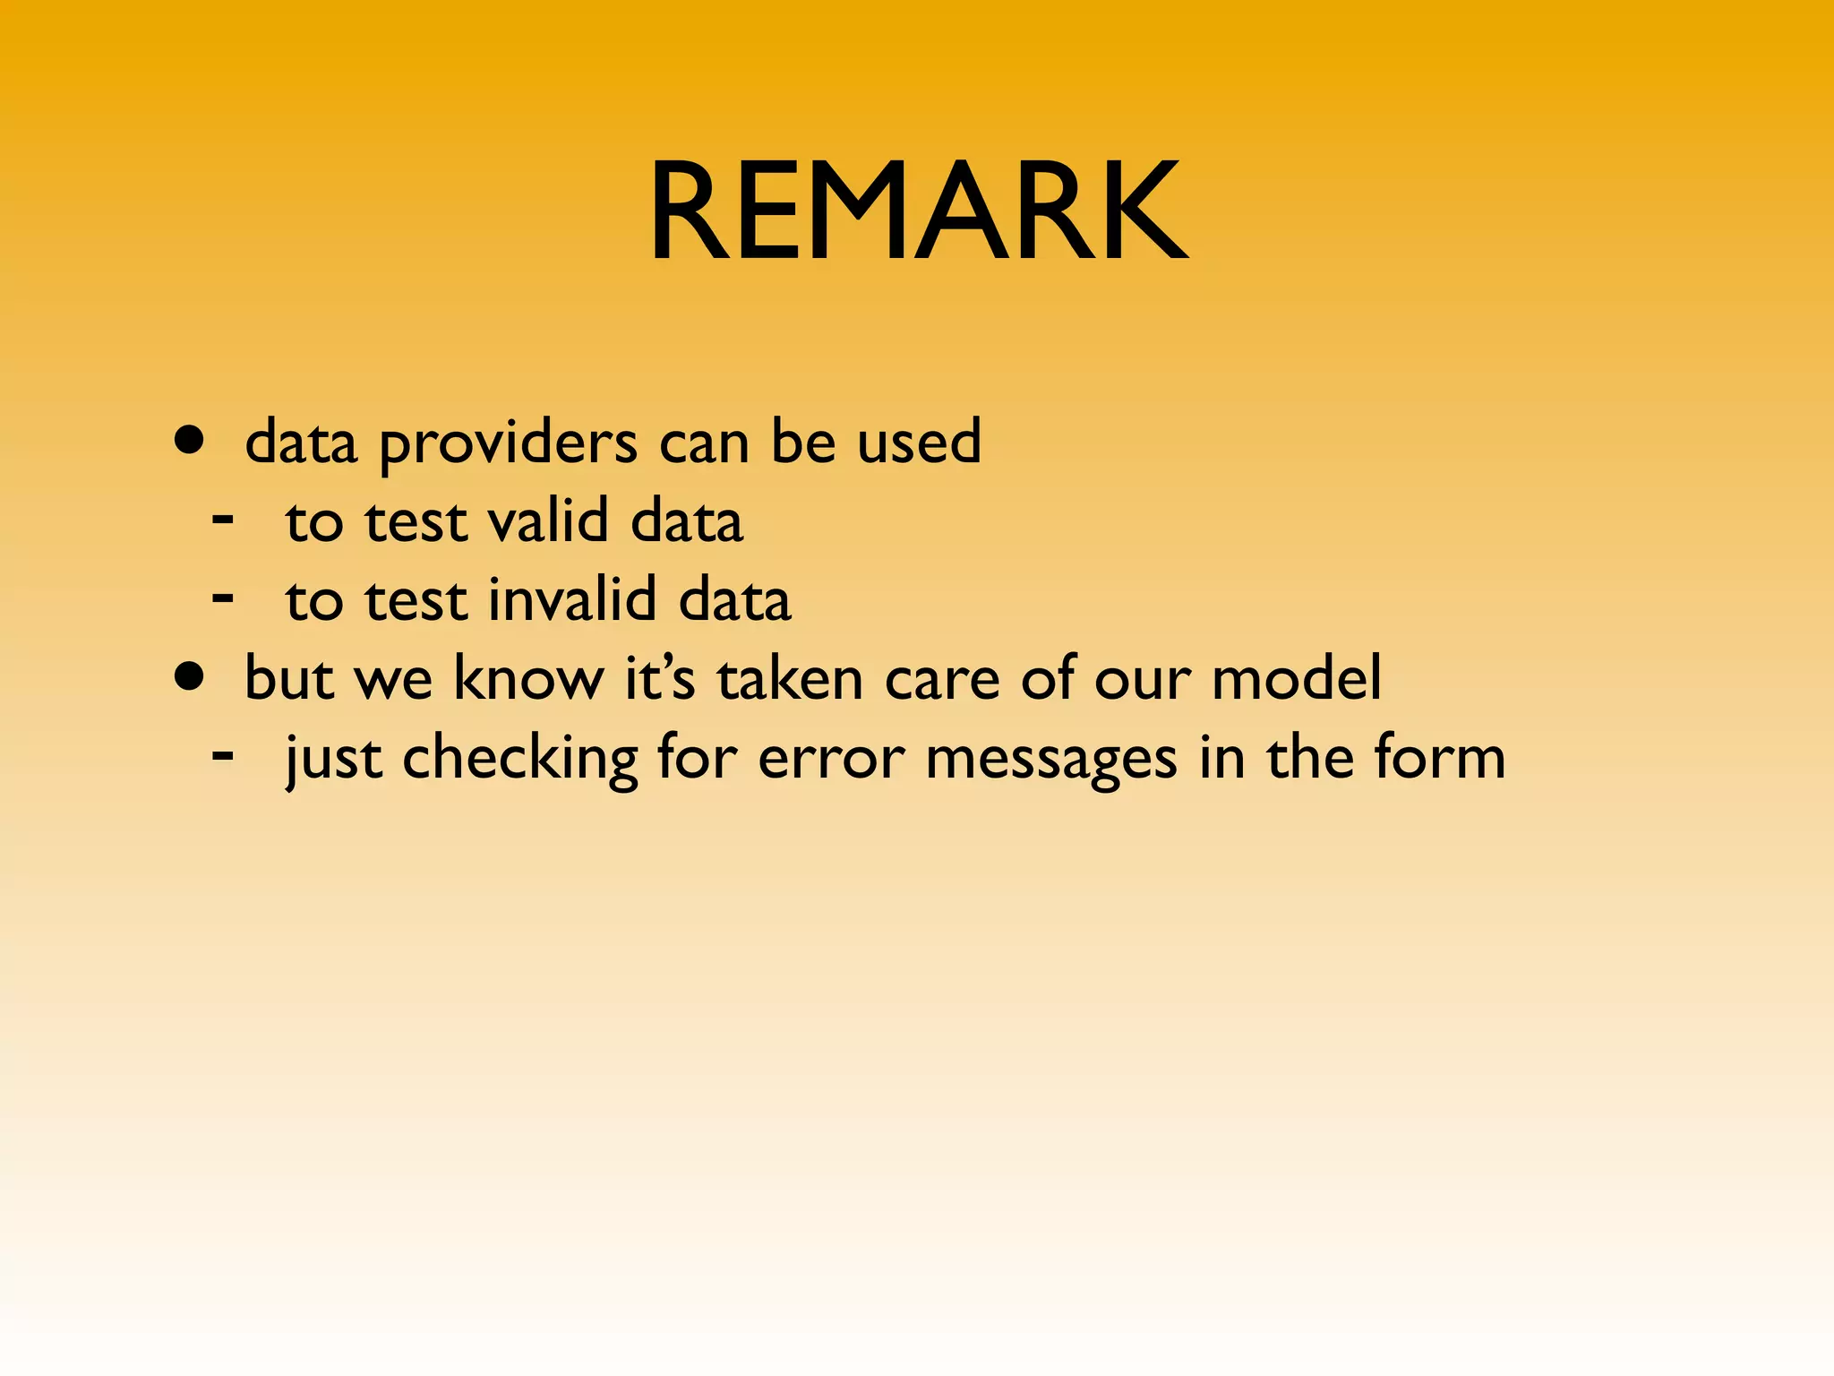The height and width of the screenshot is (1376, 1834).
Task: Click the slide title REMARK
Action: [918, 211]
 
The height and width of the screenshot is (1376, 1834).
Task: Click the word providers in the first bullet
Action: [509, 443]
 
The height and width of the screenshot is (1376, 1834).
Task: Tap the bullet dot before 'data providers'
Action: [189, 441]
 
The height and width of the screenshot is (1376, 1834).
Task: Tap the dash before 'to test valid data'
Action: [223, 518]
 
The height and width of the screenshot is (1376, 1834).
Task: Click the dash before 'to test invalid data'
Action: [223, 596]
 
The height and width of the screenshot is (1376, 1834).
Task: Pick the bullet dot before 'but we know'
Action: [189, 677]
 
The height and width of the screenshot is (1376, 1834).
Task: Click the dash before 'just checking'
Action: [223, 754]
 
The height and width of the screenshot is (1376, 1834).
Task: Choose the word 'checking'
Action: [519, 759]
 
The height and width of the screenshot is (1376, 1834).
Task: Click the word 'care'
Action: [942, 679]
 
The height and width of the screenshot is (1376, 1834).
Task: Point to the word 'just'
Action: [333, 759]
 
